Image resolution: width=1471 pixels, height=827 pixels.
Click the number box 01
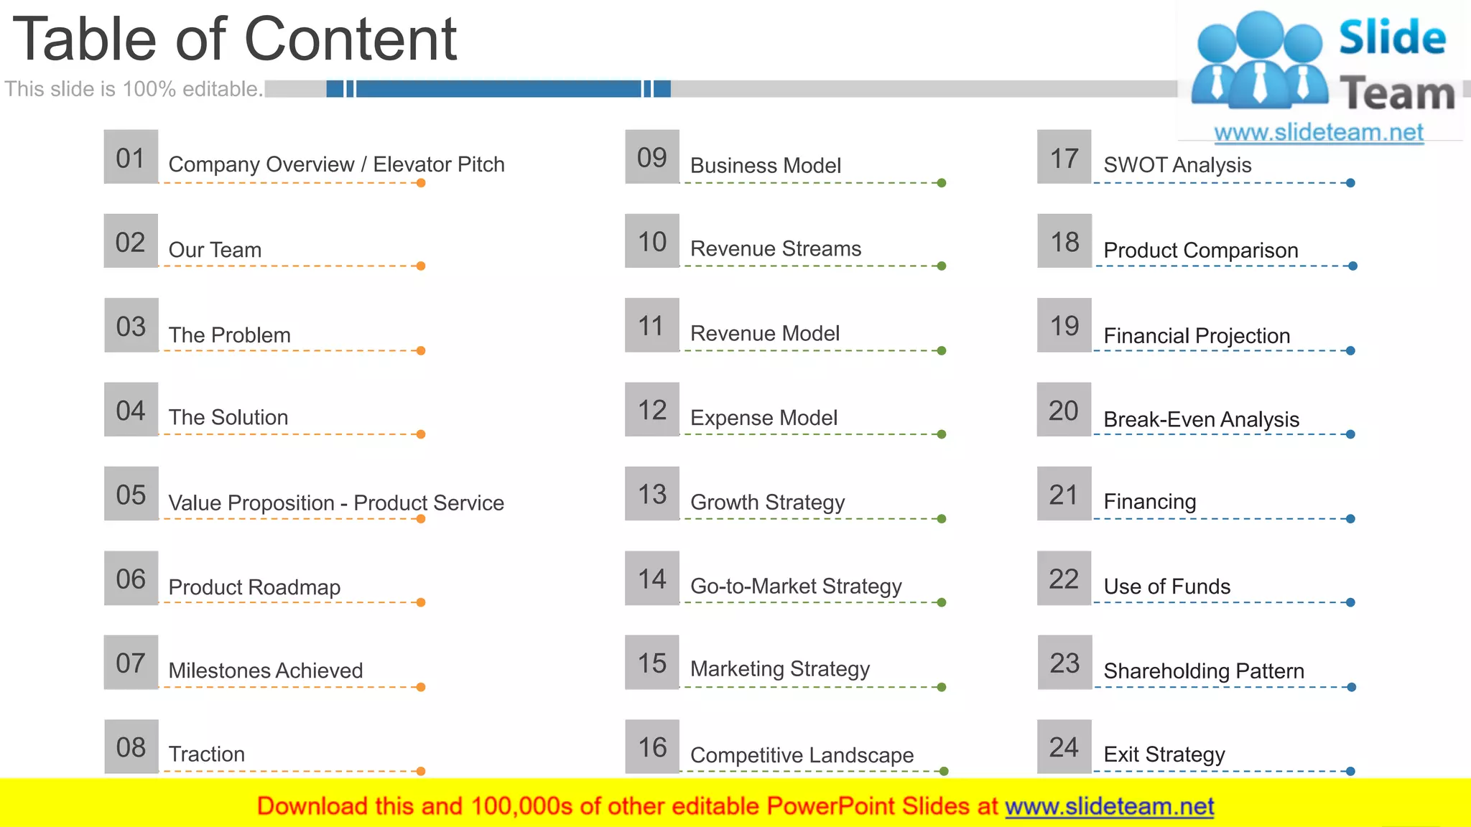pos(131,157)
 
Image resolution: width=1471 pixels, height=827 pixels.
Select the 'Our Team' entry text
pos(215,250)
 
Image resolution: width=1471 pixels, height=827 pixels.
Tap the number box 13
pos(652,494)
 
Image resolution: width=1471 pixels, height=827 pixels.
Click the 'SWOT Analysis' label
pos(1177,165)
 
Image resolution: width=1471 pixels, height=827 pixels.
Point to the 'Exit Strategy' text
pos(1164,754)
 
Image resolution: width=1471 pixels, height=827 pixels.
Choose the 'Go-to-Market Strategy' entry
pos(796,587)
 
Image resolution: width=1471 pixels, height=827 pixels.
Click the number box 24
pos(1064,747)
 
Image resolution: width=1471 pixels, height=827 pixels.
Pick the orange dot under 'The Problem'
pos(421,351)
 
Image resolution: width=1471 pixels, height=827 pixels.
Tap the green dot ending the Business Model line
pos(942,183)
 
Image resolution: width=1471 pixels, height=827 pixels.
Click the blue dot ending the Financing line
pos(1350,519)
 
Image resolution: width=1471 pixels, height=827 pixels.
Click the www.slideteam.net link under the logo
pos(1319,133)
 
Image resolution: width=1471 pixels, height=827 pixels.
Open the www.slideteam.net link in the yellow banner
pos(1109,807)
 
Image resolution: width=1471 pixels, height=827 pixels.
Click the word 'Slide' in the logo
pos(1392,37)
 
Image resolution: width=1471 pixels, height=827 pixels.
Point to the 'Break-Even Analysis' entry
pos(1201,419)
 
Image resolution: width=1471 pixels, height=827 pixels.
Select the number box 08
pos(131,747)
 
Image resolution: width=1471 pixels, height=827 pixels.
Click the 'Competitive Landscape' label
pos(802,755)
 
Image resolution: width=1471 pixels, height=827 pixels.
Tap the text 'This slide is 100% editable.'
pos(134,89)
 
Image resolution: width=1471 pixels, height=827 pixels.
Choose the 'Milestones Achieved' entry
pos(266,671)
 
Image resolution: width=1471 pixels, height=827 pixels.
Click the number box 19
pos(1064,326)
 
